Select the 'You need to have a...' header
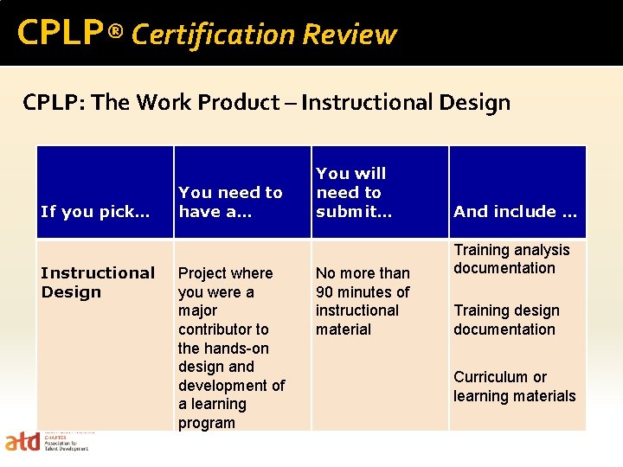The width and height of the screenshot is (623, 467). click(230, 202)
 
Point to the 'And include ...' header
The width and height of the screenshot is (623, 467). click(515, 211)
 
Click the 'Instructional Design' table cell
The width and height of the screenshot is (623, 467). click(98, 282)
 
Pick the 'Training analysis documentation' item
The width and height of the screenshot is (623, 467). click(511, 259)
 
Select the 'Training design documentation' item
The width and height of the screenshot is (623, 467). click(506, 320)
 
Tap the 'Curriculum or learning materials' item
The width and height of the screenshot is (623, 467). click(514, 387)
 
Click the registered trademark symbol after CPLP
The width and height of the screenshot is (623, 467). click(116, 33)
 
